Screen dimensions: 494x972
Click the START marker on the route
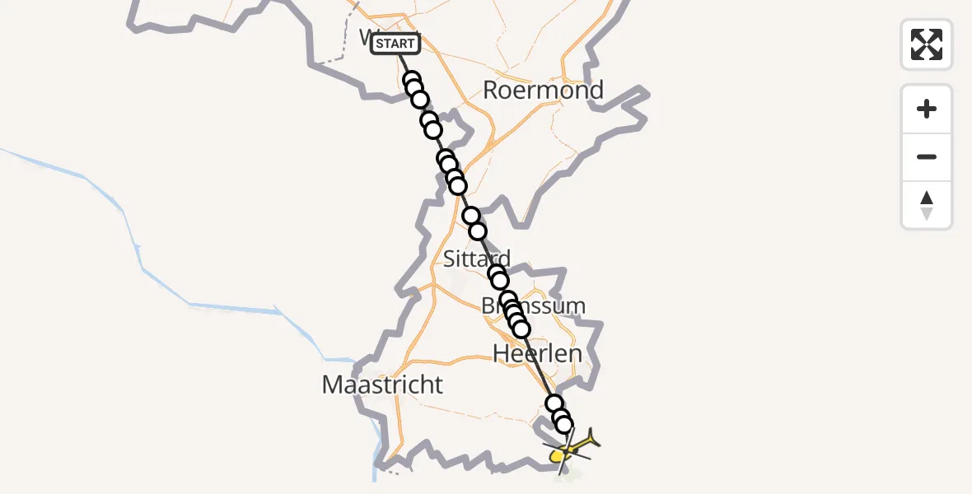pyautogui.click(x=395, y=44)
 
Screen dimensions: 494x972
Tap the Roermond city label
pyautogui.click(x=543, y=90)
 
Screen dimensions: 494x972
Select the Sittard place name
pyautogui.click(x=476, y=259)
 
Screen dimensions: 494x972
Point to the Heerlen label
pyautogui.click(x=537, y=354)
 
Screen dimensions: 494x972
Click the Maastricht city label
pyautogui.click(x=382, y=384)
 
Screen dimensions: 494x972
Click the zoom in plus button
pyautogui.click(x=927, y=109)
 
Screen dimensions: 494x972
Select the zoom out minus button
pyautogui.click(x=927, y=156)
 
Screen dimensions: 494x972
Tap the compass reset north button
pyautogui.click(x=927, y=205)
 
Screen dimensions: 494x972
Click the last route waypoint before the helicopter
pyautogui.click(x=564, y=425)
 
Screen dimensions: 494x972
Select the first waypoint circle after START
pyautogui.click(x=413, y=81)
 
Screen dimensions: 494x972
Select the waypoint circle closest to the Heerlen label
pyautogui.click(x=521, y=329)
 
